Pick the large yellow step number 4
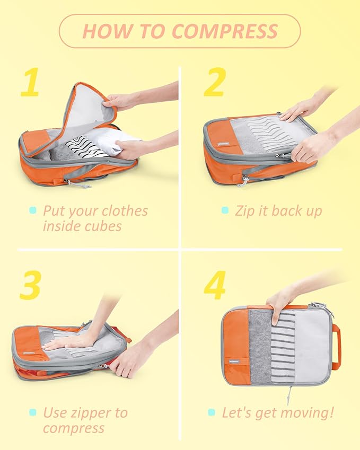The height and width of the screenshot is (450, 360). pos(215,286)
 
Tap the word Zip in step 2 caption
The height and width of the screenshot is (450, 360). pos(245,210)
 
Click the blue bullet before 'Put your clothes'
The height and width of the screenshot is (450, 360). pos(33,210)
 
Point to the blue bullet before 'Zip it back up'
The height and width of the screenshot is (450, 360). pos(225,210)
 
